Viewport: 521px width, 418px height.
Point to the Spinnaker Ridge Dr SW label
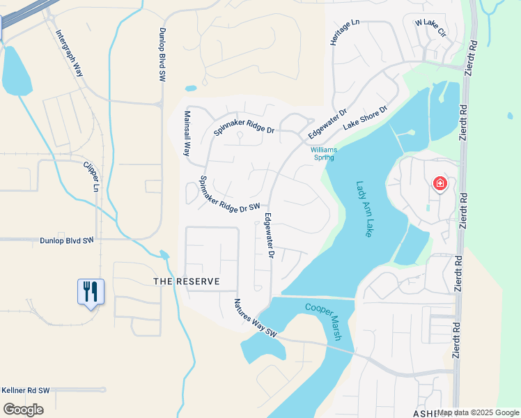coord(229,195)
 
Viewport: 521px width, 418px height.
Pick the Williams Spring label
coord(323,153)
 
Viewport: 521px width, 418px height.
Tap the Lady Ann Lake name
coord(364,209)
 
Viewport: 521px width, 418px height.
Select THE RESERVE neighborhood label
coord(187,281)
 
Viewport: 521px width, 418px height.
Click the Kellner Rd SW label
coord(25,391)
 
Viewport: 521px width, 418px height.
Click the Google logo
coord(22,410)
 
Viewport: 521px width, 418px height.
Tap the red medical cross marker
coord(440,184)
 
